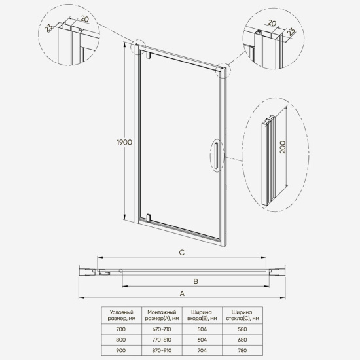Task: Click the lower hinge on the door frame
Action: pyautogui.click(x=149, y=217)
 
